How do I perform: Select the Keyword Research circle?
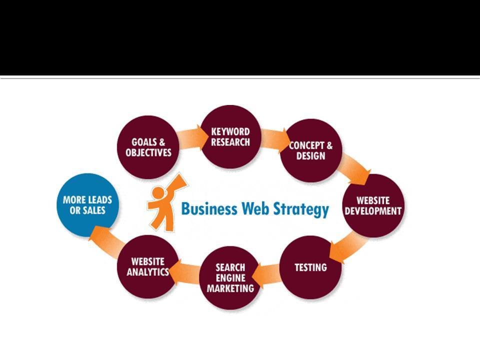pos(230,136)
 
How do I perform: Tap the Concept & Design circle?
pos(310,150)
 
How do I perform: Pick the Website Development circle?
pos(372,205)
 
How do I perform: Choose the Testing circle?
pos(310,267)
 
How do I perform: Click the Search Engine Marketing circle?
pos(230,277)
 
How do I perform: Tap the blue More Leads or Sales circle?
pos(87,204)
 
